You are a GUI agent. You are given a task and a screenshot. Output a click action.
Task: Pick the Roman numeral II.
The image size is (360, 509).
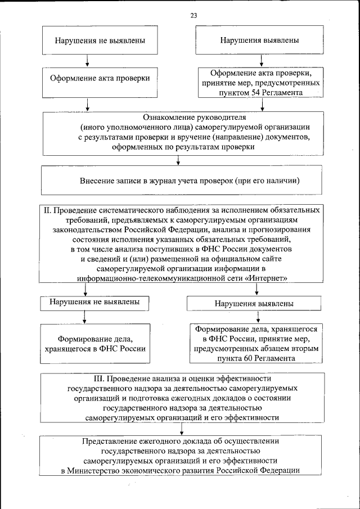tap(48, 210)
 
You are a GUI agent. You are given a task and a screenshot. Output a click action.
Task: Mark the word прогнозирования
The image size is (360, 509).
tap(283, 229)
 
